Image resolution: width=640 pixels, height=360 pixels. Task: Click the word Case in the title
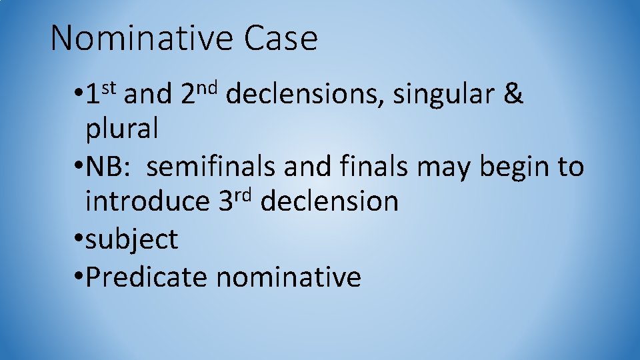[281, 38]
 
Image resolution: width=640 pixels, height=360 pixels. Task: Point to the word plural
[122, 129]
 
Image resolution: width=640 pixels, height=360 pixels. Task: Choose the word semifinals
[211, 167]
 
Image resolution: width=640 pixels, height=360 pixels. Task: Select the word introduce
[147, 201]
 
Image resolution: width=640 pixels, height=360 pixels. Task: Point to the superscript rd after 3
[243, 193]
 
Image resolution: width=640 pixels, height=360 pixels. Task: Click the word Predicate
[147, 277]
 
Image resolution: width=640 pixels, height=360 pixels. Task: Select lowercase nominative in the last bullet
[288, 277]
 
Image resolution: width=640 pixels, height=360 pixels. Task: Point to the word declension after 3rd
[329, 201]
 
